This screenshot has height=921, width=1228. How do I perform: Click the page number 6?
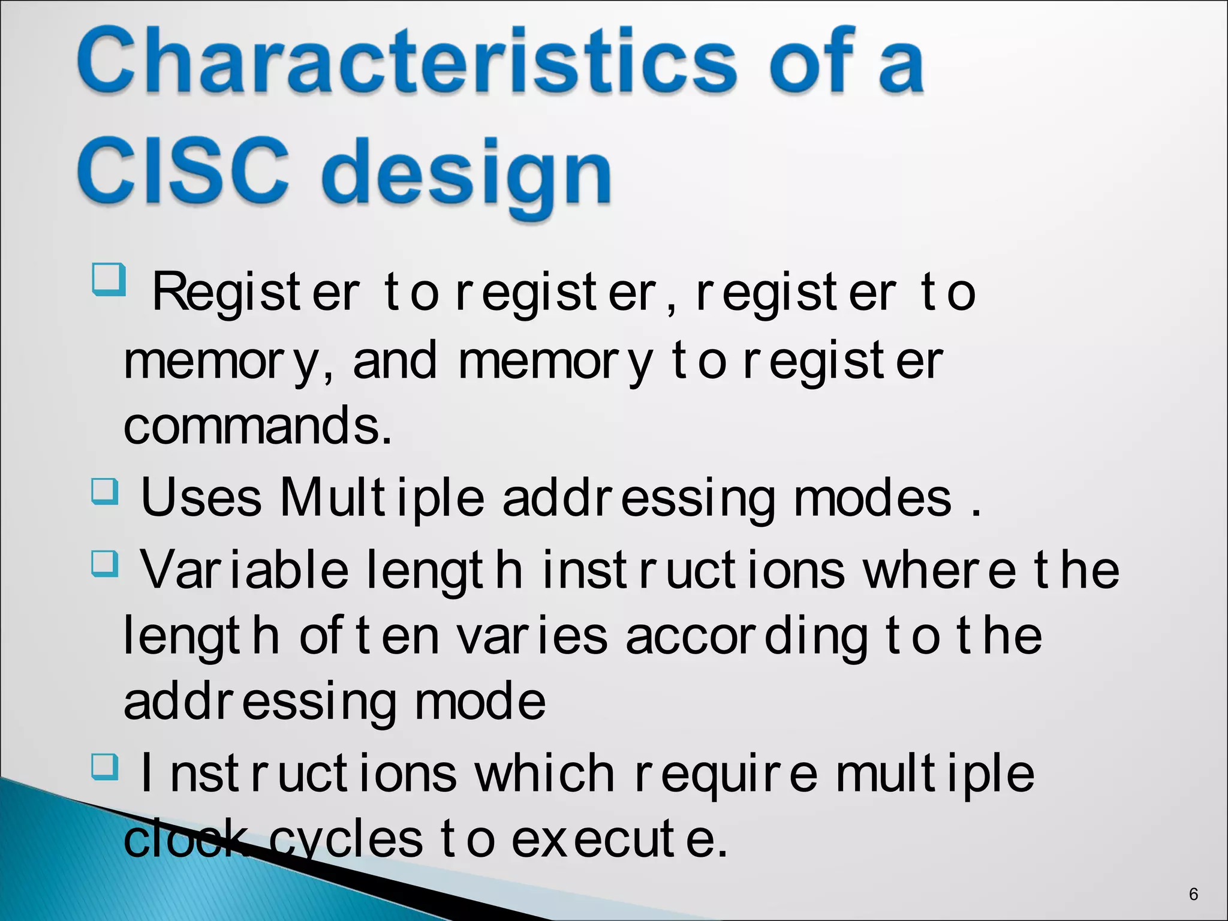point(1193,894)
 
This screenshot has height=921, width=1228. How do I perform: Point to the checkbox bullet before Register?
point(109,279)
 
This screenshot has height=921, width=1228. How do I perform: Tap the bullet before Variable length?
point(105,564)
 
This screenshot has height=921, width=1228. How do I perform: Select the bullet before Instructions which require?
point(105,767)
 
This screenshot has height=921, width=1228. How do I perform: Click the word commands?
point(258,425)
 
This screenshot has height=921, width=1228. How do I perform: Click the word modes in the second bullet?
point(872,498)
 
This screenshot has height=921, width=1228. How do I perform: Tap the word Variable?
point(245,570)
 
